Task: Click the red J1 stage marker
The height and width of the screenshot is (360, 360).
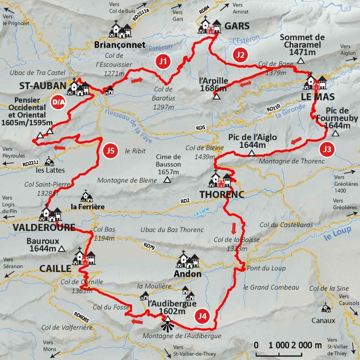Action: (x=163, y=62)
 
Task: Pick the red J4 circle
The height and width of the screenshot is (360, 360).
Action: (x=202, y=316)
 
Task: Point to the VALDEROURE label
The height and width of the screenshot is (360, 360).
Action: (x=37, y=227)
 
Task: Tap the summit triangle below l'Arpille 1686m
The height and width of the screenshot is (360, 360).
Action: (x=217, y=96)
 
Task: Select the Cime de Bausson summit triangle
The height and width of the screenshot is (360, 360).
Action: (x=168, y=179)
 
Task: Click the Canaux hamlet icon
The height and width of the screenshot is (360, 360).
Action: (x=325, y=308)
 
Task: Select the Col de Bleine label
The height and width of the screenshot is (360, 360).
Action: (x=205, y=148)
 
